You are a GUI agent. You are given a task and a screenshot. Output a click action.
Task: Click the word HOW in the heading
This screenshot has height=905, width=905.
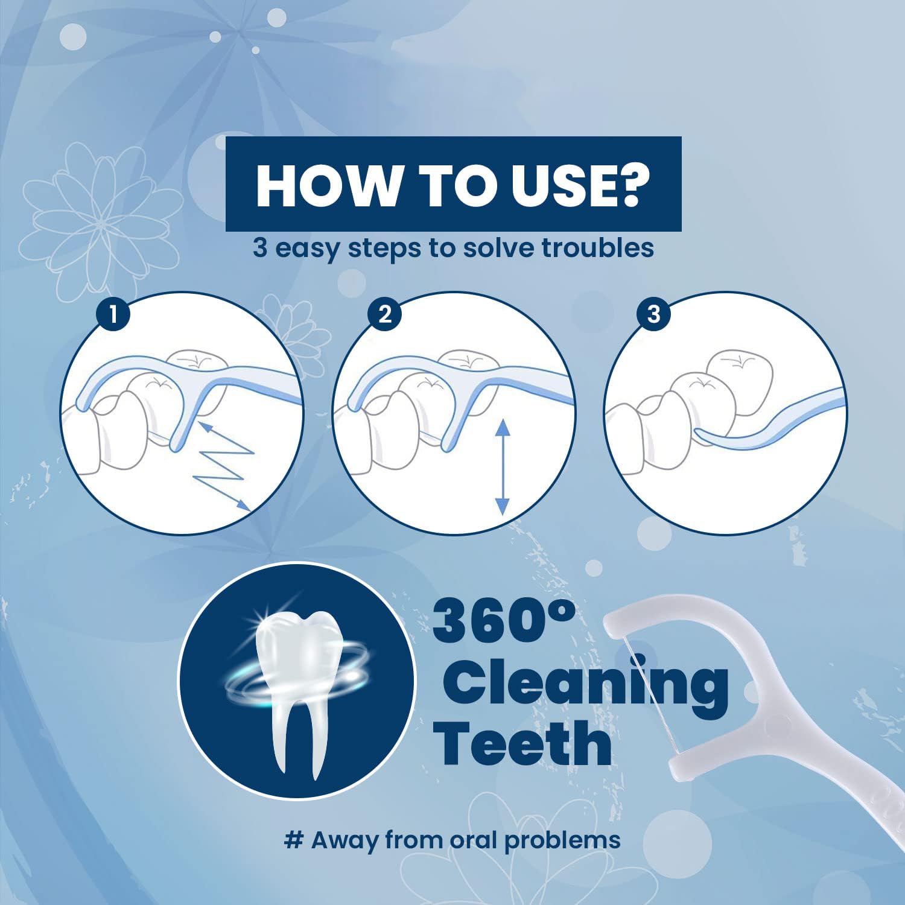click(x=325, y=185)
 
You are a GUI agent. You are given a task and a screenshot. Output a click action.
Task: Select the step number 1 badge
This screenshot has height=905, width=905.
click(x=113, y=314)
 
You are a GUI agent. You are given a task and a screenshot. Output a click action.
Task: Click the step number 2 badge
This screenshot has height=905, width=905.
click(x=385, y=314)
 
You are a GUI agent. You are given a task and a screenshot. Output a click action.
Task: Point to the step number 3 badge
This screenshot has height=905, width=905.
click(x=653, y=314)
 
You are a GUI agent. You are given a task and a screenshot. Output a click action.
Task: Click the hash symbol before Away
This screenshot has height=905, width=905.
click(x=293, y=840)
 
